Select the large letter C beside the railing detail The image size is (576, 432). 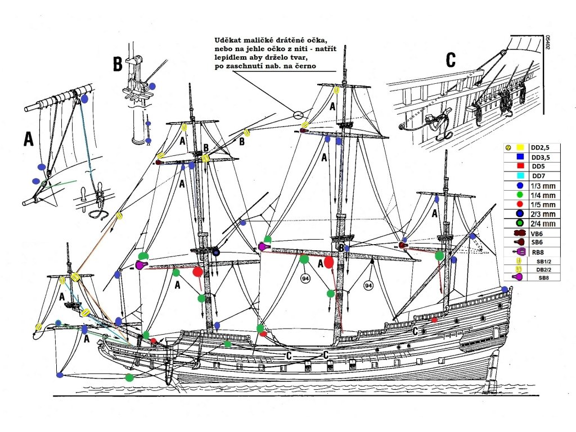pyautogui.click(x=451, y=60)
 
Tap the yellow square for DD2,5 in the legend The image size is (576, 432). pyautogui.click(x=520, y=147)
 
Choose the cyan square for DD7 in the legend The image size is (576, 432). pyautogui.click(x=520, y=176)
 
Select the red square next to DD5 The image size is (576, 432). pyautogui.click(x=520, y=166)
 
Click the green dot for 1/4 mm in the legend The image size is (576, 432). pyautogui.click(x=520, y=195)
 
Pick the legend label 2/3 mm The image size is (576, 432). pyautogui.click(x=543, y=214)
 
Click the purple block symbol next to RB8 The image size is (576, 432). pyautogui.click(x=519, y=251)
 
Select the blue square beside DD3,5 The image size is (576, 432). pyautogui.click(x=520, y=157)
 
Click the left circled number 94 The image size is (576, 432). pyautogui.click(x=306, y=278)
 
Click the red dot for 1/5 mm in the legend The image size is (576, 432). pyautogui.click(x=520, y=205)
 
